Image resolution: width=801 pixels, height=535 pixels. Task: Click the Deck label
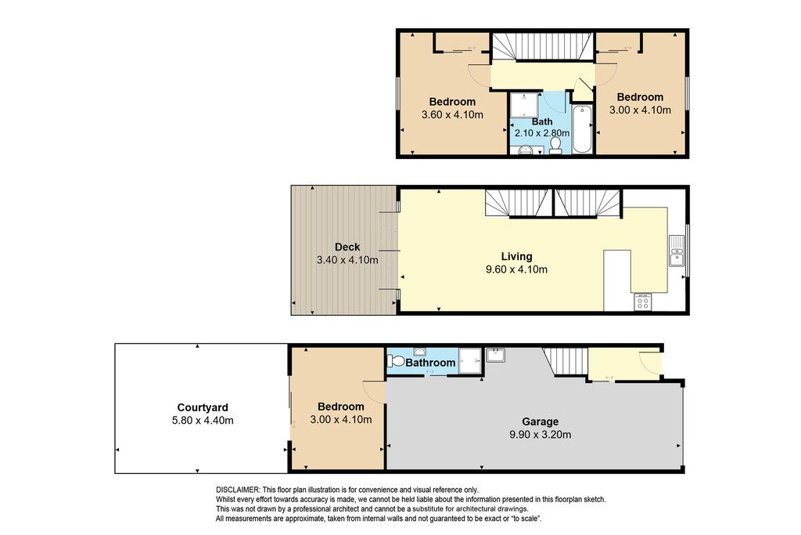point(347,247)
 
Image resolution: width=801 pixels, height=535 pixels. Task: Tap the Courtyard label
point(203,407)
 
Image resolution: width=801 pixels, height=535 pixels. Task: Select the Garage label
point(540,421)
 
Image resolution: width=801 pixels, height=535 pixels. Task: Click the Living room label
point(516,256)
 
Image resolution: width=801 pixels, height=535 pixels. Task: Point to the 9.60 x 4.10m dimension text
point(516,269)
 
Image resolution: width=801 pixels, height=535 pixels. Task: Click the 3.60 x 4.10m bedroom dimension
point(452,114)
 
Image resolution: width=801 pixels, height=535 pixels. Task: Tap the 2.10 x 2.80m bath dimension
point(542,133)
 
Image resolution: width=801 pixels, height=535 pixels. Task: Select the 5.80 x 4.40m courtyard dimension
point(203,421)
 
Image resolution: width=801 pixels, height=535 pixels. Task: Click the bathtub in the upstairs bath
point(582,129)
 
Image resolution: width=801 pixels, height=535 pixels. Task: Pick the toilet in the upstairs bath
point(555,146)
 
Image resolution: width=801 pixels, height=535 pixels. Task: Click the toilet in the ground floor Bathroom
point(395,361)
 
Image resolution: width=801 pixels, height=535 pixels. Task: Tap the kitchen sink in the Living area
point(677,251)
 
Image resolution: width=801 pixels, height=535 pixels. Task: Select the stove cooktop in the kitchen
point(643,302)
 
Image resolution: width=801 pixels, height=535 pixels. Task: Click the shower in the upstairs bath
point(524,106)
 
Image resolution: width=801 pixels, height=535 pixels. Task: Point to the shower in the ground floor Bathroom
point(469,360)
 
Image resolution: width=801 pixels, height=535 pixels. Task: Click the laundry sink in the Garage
point(495,355)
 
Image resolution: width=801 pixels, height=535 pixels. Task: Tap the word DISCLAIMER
point(238,490)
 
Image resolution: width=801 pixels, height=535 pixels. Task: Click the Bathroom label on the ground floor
point(430,363)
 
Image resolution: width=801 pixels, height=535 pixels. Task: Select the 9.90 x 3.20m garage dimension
point(540,435)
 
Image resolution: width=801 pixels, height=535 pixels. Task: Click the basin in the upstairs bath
point(526,150)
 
